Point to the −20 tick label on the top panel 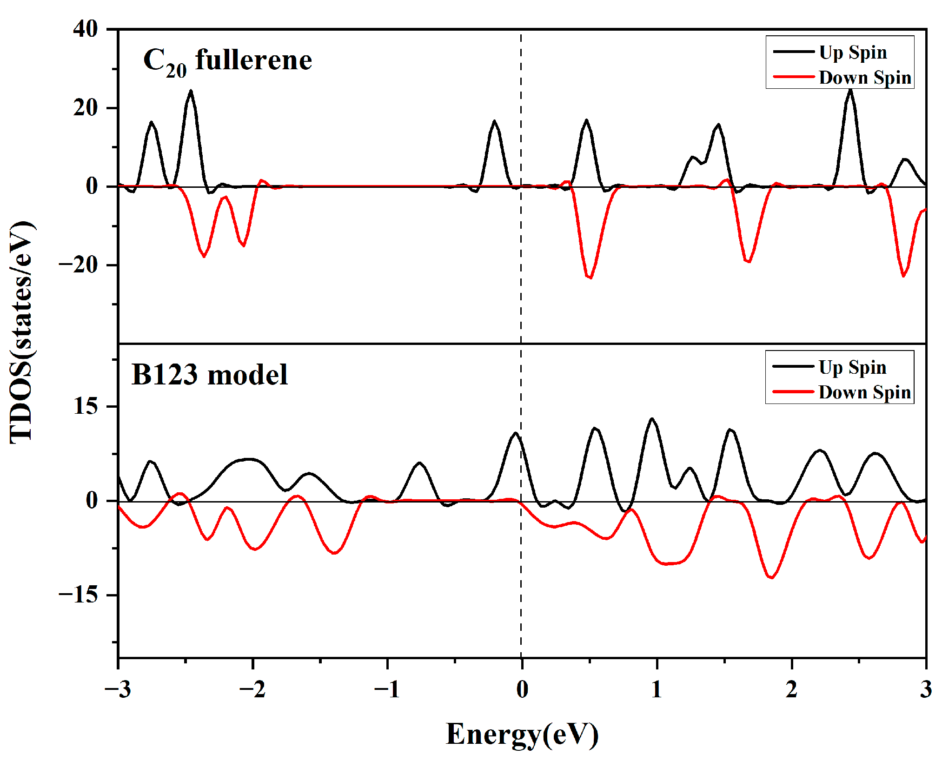[x=78, y=265]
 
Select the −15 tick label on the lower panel [x=78, y=595]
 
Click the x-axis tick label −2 [x=252, y=689]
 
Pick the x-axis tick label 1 [x=657, y=689]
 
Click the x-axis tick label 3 [x=926, y=689]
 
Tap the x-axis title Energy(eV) [x=522, y=734]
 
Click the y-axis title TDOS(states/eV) [x=22, y=332]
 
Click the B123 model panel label [x=209, y=375]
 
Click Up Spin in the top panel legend [x=853, y=52]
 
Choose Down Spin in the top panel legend [x=865, y=77]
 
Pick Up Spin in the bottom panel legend [x=852, y=367]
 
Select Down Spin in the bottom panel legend [x=864, y=392]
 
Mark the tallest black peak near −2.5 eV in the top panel [x=191, y=91]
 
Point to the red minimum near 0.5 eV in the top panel [x=590, y=278]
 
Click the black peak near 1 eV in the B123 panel [x=652, y=419]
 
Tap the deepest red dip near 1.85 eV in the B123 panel [x=771, y=577]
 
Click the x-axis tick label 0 [x=522, y=689]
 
